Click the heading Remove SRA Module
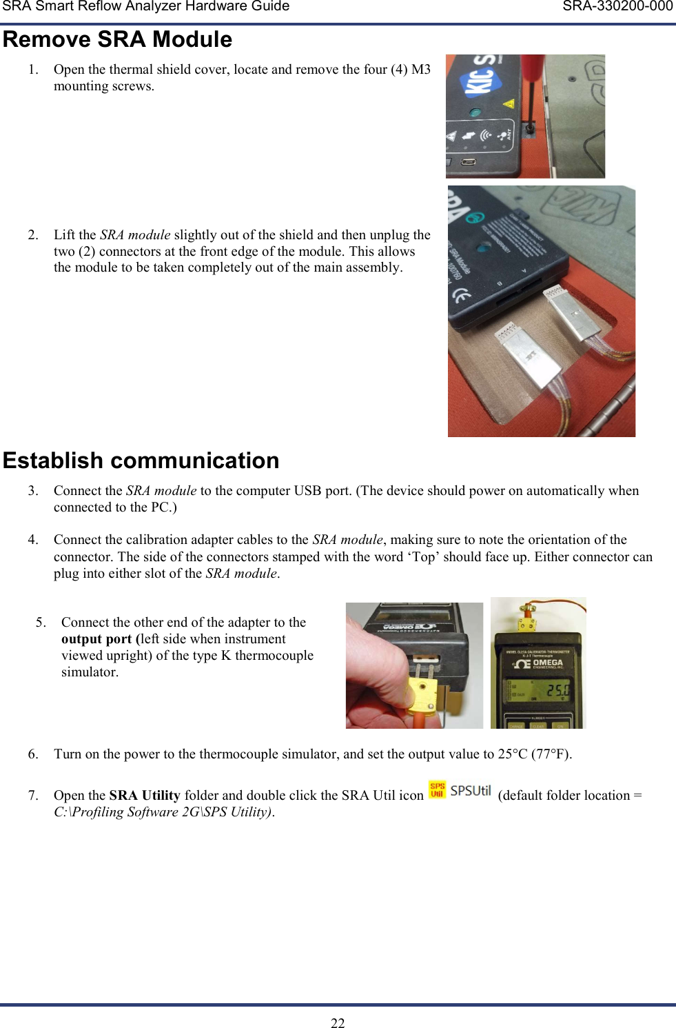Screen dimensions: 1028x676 (x=118, y=39)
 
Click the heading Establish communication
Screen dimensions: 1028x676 (x=141, y=461)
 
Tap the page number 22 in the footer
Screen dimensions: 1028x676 (x=338, y=1022)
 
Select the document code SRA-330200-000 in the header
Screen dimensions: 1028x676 (x=617, y=6)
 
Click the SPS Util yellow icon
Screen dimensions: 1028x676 (x=438, y=790)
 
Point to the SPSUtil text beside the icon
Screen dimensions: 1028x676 (x=471, y=791)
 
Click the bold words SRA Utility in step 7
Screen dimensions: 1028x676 (x=145, y=795)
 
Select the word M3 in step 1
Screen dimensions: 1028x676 (x=421, y=69)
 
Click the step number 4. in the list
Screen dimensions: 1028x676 (x=33, y=539)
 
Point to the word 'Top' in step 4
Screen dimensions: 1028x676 (x=424, y=556)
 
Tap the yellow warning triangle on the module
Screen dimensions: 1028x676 (x=509, y=104)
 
